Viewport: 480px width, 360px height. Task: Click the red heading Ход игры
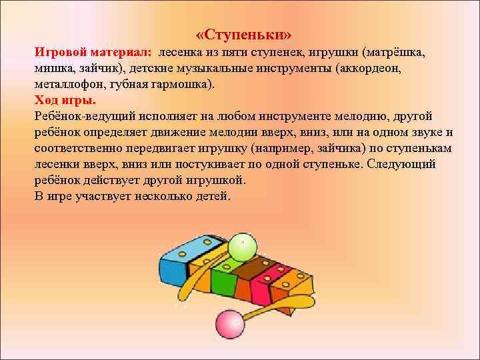(x=65, y=101)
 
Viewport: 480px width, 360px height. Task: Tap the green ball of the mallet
(x=241, y=247)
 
